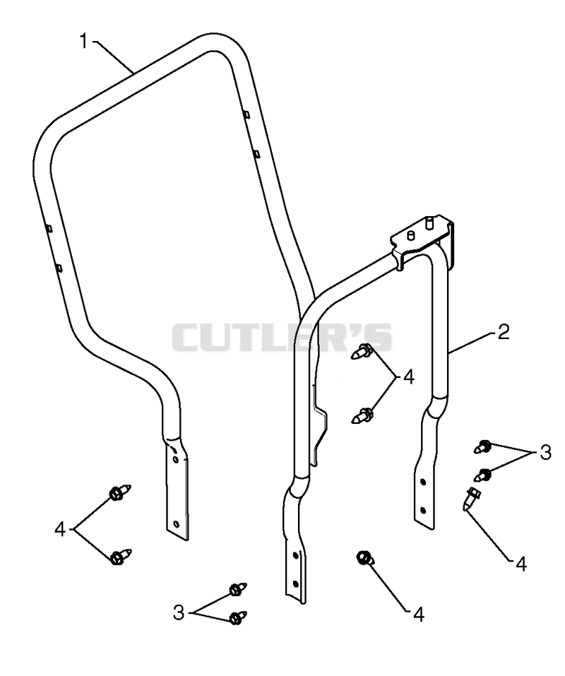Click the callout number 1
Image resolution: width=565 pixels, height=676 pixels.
(84, 42)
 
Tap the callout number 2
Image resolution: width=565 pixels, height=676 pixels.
(504, 331)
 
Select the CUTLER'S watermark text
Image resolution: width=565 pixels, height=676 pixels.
(282, 337)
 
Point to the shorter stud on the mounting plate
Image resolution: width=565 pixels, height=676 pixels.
(410, 235)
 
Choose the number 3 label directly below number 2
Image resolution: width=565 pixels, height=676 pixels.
(545, 452)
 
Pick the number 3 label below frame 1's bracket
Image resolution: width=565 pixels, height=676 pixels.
(179, 612)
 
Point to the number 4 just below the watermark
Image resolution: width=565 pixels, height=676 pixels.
(408, 376)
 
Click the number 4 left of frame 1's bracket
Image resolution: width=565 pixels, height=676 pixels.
(60, 529)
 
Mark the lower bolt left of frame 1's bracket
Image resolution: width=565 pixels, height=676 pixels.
(120, 557)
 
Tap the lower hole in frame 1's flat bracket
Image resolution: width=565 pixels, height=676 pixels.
(175, 524)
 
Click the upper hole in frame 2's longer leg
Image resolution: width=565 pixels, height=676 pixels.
(295, 554)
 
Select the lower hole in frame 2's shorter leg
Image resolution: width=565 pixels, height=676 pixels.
(422, 511)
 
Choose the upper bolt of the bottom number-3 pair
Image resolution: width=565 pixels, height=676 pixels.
(238, 589)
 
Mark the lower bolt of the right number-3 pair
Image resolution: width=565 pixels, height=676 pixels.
(482, 475)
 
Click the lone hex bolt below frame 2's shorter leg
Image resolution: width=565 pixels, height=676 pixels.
(364, 558)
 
